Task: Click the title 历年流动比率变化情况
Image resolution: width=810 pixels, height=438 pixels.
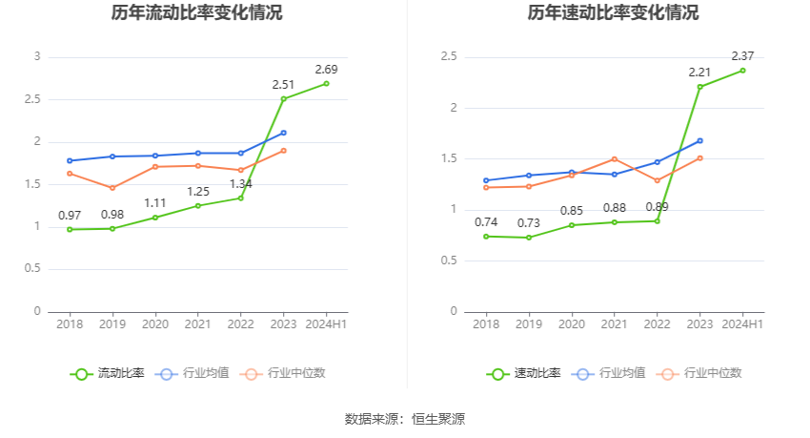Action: (196, 13)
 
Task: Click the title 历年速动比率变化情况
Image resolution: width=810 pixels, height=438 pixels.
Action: (613, 13)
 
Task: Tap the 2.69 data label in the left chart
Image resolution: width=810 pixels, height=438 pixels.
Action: (326, 70)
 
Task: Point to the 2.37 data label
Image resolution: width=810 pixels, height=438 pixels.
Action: (742, 55)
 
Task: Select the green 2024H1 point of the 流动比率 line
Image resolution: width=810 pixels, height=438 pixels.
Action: (326, 84)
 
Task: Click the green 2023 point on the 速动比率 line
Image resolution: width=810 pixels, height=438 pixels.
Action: (700, 87)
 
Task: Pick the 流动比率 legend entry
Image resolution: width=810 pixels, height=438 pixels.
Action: (108, 373)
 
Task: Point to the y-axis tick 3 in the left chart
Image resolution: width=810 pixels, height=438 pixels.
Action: (37, 57)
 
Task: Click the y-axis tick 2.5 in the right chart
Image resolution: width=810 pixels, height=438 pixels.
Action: (449, 57)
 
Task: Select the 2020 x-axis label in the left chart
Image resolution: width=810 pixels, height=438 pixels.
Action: (155, 324)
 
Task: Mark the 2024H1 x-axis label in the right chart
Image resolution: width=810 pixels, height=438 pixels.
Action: (742, 324)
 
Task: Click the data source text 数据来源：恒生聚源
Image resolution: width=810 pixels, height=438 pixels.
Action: (405, 419)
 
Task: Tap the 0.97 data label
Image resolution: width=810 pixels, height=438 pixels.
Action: (70, 215)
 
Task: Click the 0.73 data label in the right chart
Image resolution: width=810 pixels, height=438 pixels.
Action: (529, 223)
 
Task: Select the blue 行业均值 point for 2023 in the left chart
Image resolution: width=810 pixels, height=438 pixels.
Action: (284, 133)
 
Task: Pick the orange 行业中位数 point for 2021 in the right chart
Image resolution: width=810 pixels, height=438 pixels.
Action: (615, 159)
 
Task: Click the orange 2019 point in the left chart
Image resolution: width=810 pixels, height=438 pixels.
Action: (112, 188)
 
